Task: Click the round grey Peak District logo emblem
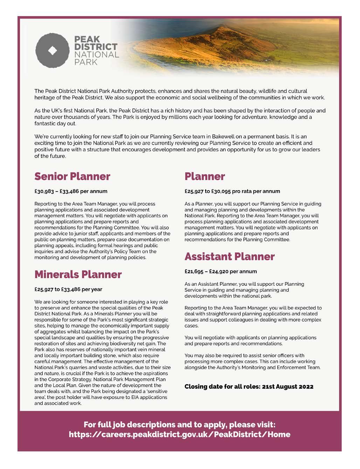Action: [x=53, y=50]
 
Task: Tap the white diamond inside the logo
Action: [x=53, y=50]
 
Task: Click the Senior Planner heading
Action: [x=72, y=176]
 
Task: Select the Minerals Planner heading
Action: [x=78, y=274]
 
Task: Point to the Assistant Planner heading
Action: [x=229, y=256]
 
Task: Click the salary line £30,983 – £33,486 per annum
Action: [x=71, y=191]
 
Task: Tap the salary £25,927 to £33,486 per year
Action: [x=68, y=289]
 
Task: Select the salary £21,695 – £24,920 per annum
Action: [x=221, y=271]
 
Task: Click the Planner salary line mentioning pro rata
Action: [x=232, y=191]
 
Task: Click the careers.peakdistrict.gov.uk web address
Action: [x=180, y=435]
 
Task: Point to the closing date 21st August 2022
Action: [x=249, y=387]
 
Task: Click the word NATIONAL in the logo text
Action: [x=97, y=55]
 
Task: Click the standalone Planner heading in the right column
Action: [x=205, y=176]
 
